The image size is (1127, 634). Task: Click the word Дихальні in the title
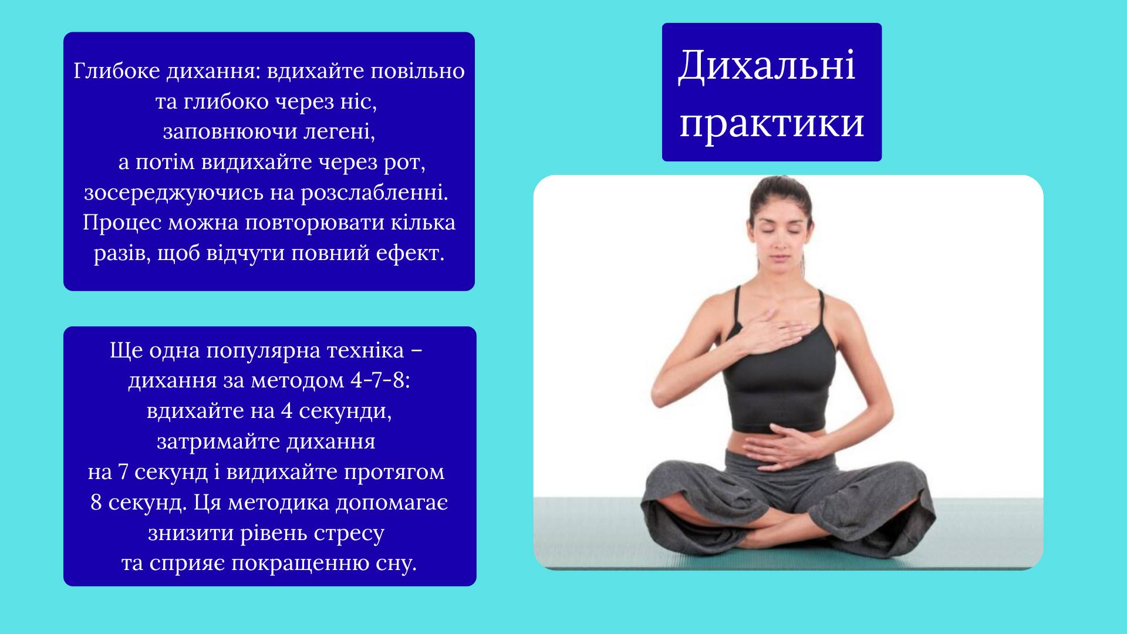(x=767, y=66)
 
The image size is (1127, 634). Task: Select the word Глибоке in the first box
(x=117, y=71)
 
